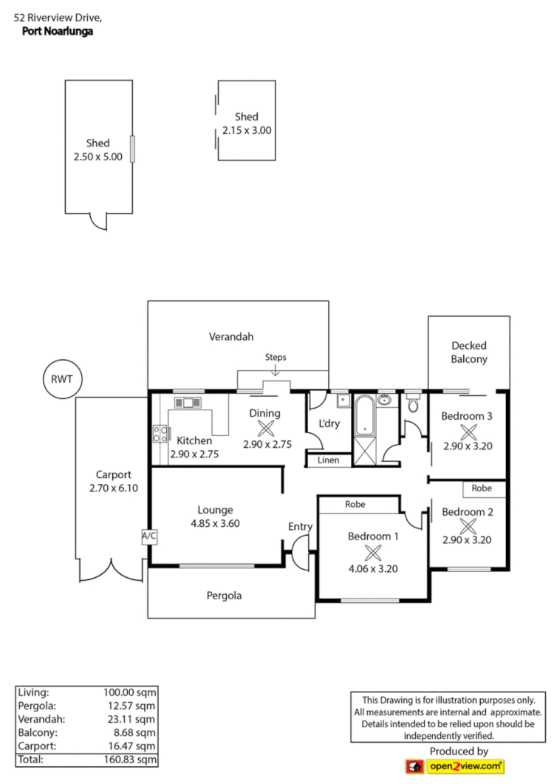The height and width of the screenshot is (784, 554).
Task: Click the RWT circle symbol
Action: tap(62, 380)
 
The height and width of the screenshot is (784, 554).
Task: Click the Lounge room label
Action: tap(215, 510)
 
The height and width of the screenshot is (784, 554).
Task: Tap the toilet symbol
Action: tap(413, 405)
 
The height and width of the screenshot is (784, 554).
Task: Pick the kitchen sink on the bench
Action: tap(188, 403)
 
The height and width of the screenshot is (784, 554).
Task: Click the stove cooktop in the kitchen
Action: tap(160, 434)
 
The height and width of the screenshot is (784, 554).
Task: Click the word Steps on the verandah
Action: tap(276, 358)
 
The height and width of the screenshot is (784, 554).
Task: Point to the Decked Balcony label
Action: tap(469, 352)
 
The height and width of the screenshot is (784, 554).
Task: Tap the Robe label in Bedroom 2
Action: tap(482, 489)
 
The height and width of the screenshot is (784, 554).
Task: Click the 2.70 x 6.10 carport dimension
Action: tap(113, 488)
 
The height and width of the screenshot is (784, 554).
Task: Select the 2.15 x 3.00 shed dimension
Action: tap(247, 130)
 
